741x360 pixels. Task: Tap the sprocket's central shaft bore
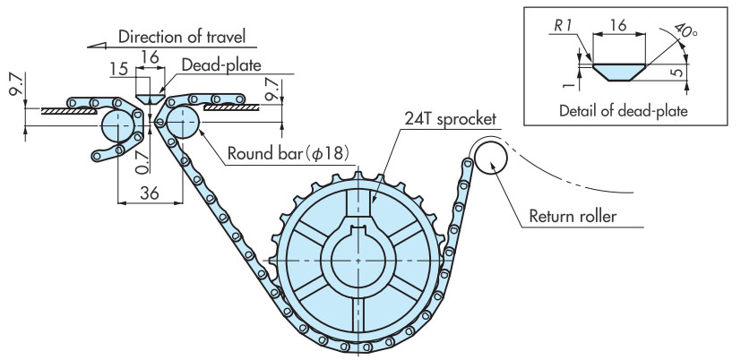(x=358, y=260)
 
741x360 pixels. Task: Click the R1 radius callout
(x=562, y=27)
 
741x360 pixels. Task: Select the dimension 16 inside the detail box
(x=613, y=27)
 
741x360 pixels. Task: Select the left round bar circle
(x=116, y=124)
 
